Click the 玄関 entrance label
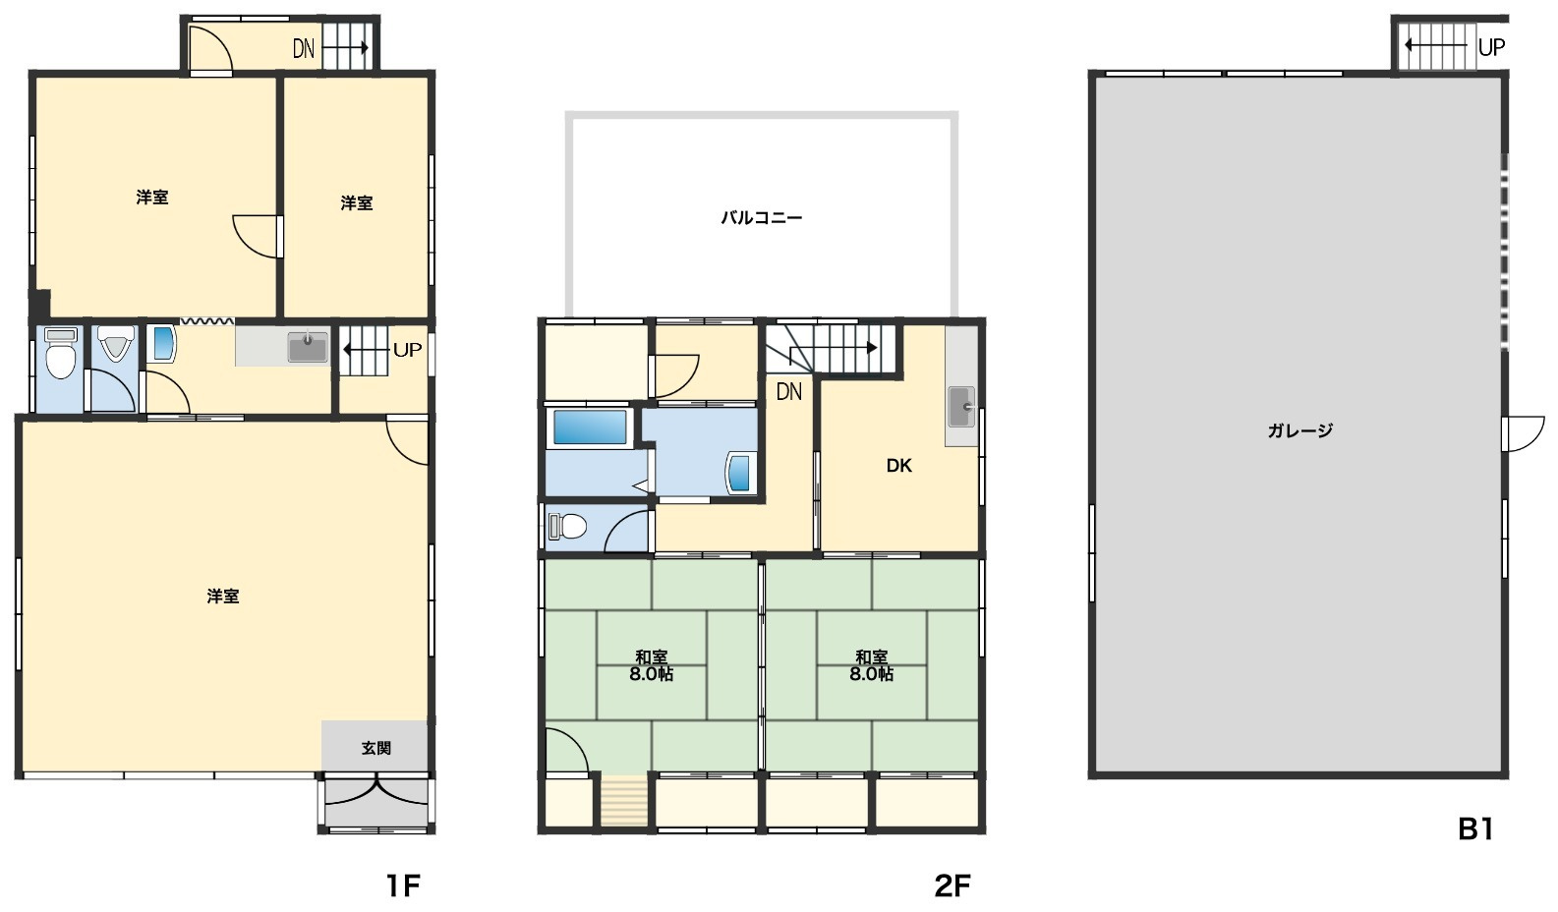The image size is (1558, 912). pyautogui.click(x=376, y=748)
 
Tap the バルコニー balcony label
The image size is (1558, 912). pyautogui.click(x=761, y=218)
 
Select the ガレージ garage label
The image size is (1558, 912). pyautogui.click(x=1299, y=430)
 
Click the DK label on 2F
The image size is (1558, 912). pyautogui.click(x=898, y=466)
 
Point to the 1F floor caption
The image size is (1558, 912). pyautogui.click(x=403, y=885)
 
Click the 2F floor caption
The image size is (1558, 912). pyautogui.click(x=952, y=885)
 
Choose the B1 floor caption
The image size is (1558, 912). pyautogui.click(x=1475, y=828)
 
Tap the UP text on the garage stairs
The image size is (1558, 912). pyautogui.click(x=1491, y=47)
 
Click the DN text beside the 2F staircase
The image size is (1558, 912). pyautogui.click(x=788, y=392)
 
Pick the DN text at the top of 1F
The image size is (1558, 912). pyautogui.click(x=304, y=49)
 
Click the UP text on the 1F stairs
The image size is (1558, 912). pyautogui.click(x=408, y=350)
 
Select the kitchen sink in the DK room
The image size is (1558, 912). pyautogui.click(x=960, y=406)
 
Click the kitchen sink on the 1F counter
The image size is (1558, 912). pyautogui.click(x=308, y=347)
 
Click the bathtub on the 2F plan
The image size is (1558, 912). pyautogui.click(x=589, y=427)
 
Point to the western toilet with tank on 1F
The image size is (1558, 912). pyautogui.click(x=61, y=354)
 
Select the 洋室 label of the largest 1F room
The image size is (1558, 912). pyautogui.click(x=223, y=597)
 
